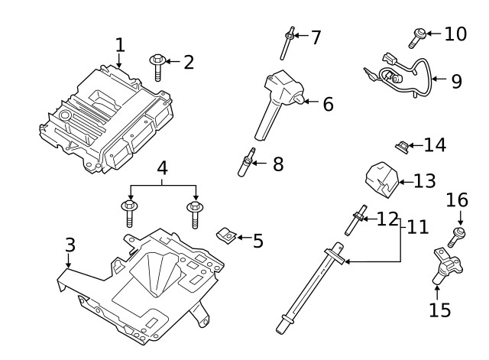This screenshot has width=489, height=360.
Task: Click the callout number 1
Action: coord(119,45)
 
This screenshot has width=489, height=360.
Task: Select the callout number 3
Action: coord(70,245)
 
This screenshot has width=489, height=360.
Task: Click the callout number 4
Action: coord(163,167)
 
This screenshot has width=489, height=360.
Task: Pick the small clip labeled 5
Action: coord(225,237)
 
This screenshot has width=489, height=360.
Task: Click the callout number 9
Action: coord(456,81)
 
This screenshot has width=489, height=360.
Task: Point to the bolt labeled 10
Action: coord(419,34)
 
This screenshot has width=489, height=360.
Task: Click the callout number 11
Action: coord(417,227)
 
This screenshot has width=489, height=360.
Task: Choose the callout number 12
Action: coord(387,219)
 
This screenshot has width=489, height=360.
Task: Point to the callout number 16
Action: coord(457,200)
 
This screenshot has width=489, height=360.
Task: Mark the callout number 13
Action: coord(424,181)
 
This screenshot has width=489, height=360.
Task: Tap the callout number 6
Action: coord(327,104)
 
